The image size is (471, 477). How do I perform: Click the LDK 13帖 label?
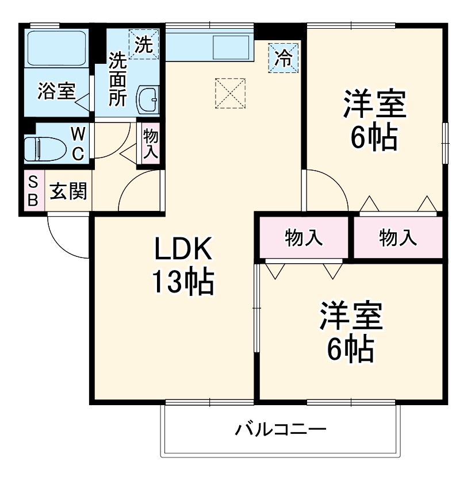point(183,265)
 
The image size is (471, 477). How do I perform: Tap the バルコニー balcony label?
point(281,429)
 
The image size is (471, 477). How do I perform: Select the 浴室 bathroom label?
point(56,91)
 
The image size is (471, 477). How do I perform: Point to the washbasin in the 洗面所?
point(147,101)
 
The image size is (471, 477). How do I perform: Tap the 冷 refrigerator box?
point(284,58)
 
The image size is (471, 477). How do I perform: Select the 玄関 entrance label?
point(67,191)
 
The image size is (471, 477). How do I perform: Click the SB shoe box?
point(33,192)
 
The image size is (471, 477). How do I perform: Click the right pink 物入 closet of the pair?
point(398,237)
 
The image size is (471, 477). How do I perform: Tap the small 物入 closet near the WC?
point(151,144)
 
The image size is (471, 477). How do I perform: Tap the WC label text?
point(78,144)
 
